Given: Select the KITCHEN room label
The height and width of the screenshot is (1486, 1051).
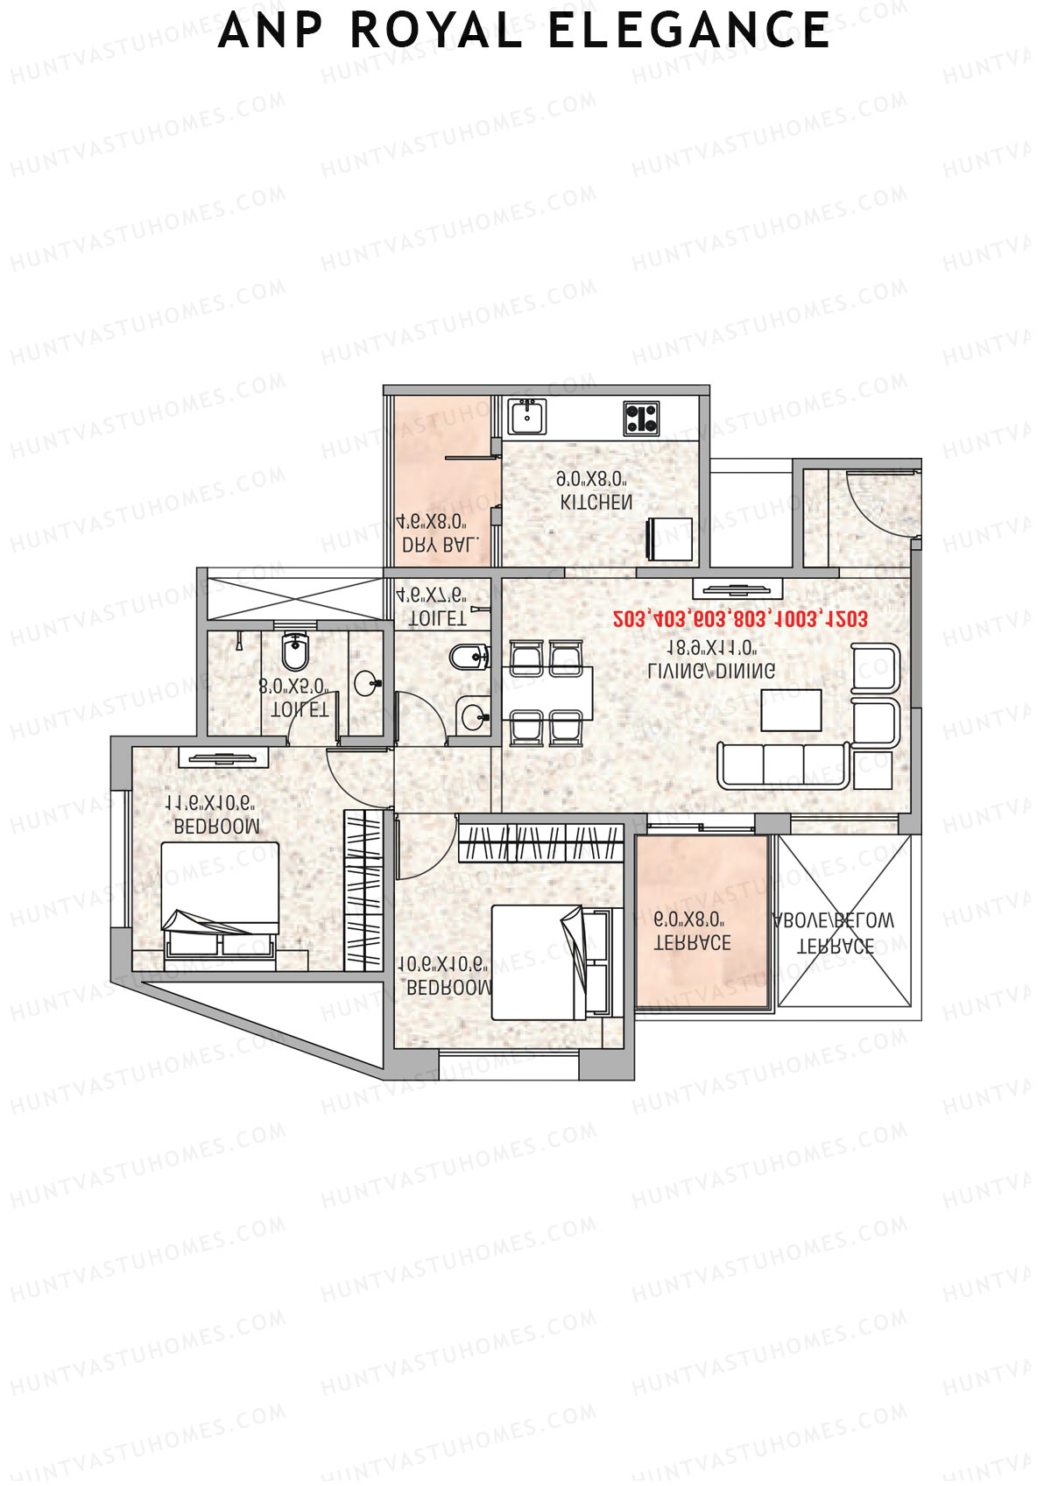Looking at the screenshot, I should pyautogui.click(x=596, y=503).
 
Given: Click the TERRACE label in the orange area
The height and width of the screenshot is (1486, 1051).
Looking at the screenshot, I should pyautogui.click(x=693, y=943).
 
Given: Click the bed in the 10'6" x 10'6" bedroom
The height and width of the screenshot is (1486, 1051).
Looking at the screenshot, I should pyautogui.click(x=548, y=962).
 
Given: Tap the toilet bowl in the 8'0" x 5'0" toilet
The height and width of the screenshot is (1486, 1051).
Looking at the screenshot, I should pyautogui.click(x=296, y=650).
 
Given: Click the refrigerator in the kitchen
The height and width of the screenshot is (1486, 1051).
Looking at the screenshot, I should pyautogui.click(x=669, y=539).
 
